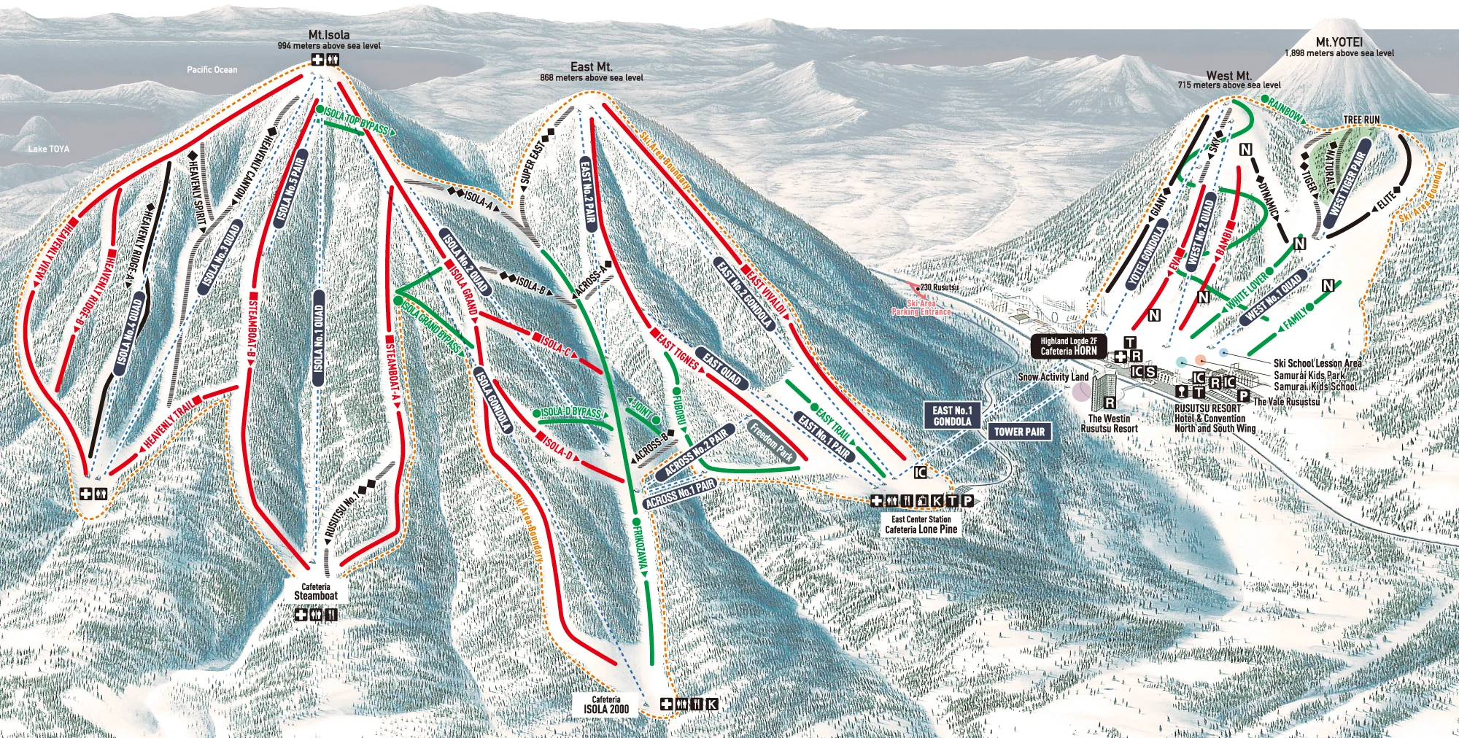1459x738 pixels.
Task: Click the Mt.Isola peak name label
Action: pos(329,35)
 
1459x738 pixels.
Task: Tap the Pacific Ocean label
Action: pos(212,70)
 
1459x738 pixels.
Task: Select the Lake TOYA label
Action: pos(49,149)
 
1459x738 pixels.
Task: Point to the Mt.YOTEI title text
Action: pos(1339,42)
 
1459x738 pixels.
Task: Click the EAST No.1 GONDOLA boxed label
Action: pos(952,416)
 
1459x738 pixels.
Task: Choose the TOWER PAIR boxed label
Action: pos(1019,432)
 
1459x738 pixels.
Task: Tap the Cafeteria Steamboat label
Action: pos(316,591)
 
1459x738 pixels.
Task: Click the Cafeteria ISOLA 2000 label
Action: pos(605,704)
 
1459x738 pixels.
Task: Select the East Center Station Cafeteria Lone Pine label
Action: pos(921,525)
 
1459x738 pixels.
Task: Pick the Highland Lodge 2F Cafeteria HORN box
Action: pos(1068,346)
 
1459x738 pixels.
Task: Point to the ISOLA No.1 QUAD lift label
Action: pos(318,338)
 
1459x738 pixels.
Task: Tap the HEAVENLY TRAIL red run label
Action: pos(169,424)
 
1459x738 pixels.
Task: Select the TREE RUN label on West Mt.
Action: pos(1361,120)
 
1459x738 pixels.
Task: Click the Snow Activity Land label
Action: pos(1053,377)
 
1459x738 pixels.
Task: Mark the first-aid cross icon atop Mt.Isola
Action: pos(317,60)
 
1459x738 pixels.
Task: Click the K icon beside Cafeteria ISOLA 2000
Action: pos(711,704)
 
